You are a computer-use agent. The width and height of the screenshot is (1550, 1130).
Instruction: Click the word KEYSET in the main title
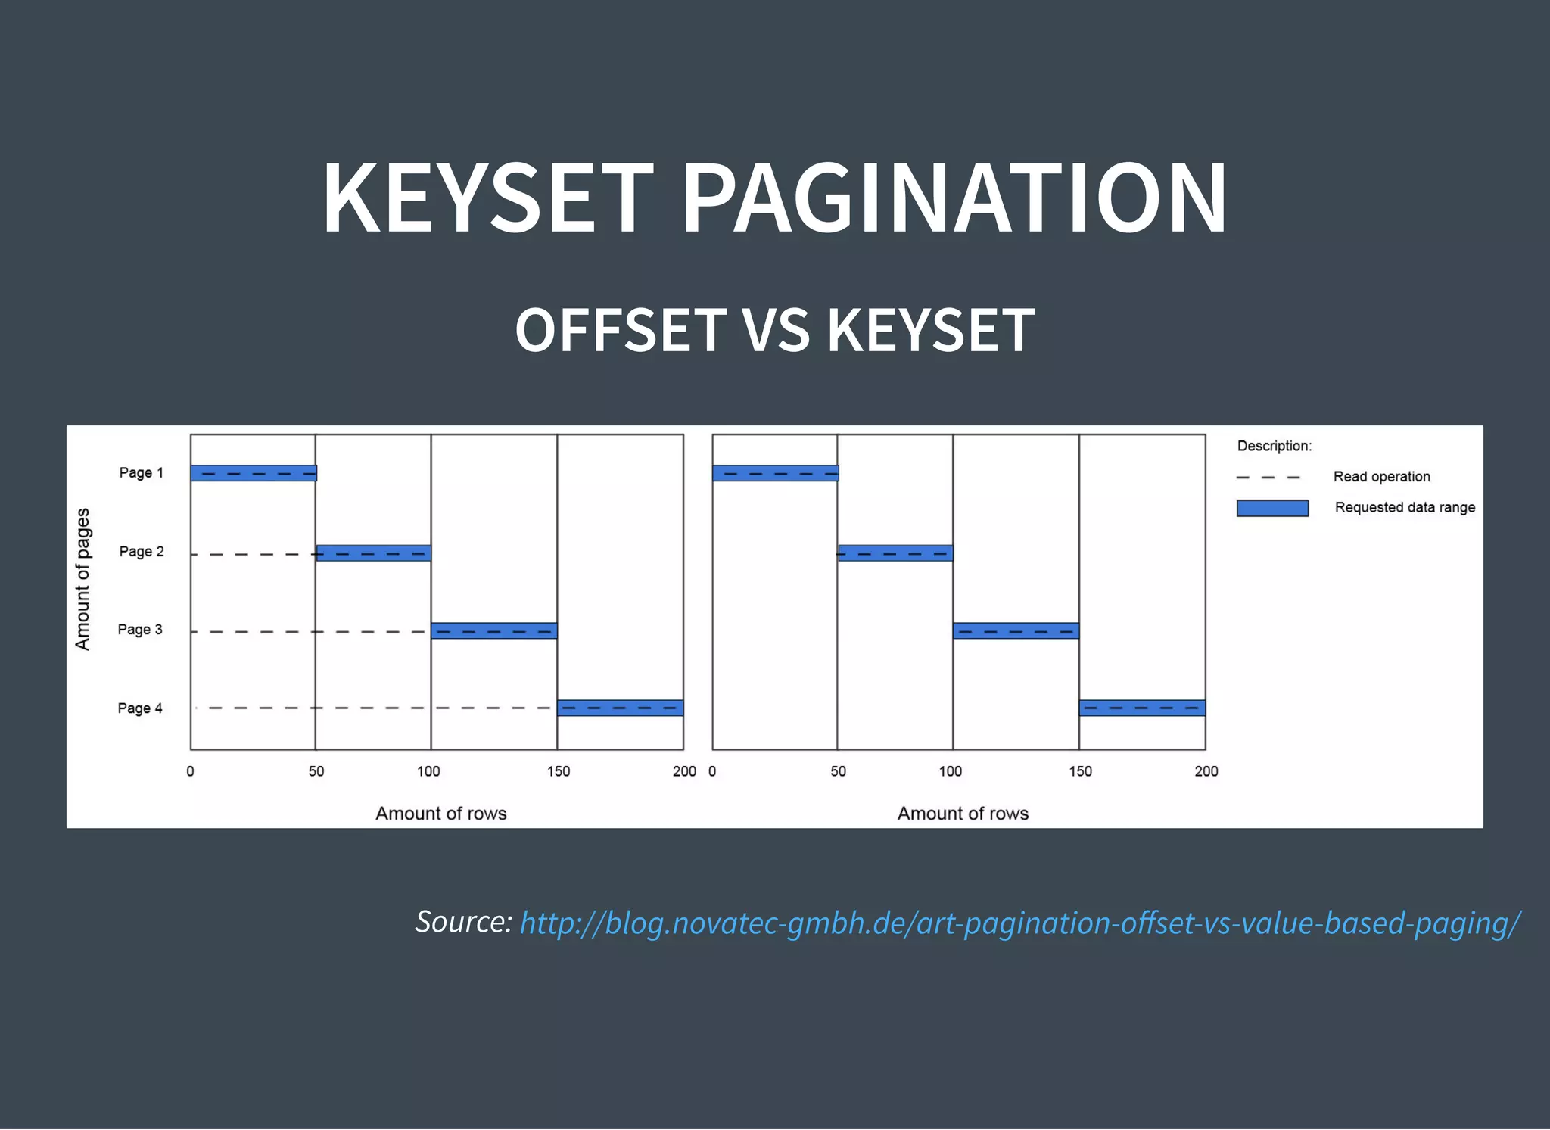(x=487, y=198)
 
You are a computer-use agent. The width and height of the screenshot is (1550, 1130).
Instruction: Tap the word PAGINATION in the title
(x=954, y=198)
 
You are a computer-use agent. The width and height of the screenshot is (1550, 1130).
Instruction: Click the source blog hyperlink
(x=1020, y=923)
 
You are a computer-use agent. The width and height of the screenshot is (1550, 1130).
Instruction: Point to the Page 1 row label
(x=141, y=473)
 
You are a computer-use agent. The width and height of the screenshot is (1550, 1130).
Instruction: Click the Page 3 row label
(x=140, y=630)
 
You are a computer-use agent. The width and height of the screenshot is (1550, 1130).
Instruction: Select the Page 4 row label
(x=140, y=708)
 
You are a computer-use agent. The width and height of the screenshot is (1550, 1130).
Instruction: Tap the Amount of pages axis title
(x=82, y=579)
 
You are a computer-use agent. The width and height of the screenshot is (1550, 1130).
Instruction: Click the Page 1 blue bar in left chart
(x=254, y=473)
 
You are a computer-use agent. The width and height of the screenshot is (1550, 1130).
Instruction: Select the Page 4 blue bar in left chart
(x=620, y=708)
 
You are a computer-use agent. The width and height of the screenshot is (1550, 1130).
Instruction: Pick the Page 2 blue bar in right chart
(x=895, y=553)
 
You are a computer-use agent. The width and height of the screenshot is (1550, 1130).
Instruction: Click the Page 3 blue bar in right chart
(x=1016, y=630)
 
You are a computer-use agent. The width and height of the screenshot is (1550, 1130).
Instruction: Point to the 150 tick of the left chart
(x=559, y=771)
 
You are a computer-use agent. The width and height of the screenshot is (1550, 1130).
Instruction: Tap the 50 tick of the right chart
(x=838, y=771)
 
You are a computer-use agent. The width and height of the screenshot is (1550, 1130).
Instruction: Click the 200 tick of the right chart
(x=1206, y=771)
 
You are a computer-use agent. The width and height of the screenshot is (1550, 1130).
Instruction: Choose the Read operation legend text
(x=1381, y=477)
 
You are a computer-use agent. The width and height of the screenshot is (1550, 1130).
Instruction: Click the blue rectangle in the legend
(x=1272, y=508)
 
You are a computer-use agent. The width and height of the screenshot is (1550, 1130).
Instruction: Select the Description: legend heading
(x=1275, y=446)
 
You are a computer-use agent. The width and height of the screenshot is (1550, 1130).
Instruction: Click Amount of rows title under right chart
(x=963, y=814)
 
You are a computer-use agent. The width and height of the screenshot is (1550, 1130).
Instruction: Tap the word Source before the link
(x=463, y=922)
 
